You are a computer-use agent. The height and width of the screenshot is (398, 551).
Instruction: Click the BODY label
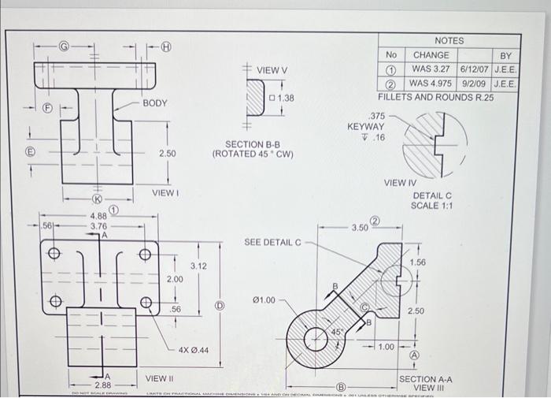(x=155, y=103)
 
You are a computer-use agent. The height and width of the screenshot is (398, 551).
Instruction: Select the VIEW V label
(x=272, y=70)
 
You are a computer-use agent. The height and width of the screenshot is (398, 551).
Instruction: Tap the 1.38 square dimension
(x=281, y=99)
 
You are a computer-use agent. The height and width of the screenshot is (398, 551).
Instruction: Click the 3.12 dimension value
(x=198, y=266)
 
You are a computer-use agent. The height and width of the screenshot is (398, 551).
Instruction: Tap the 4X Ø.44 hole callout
(x=194, y=349)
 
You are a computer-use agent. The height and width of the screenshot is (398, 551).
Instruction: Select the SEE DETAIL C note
(x=273, y=241)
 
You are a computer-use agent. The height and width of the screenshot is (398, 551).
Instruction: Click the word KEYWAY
(x=366, y=126)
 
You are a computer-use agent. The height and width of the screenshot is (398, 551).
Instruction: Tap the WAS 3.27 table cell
(x=432, y=69)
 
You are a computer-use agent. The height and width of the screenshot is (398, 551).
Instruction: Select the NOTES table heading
(x=449, y=40)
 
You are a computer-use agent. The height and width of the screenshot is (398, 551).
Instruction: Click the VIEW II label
(x=161, y=378)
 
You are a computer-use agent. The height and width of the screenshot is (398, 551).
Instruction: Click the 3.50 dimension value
(x=360, y=227)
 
